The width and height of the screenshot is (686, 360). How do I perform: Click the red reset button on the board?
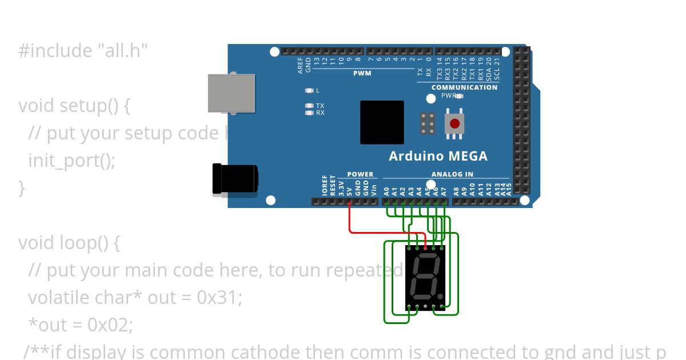click(454, 123)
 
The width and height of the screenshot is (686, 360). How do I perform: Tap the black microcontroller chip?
click(382, 122)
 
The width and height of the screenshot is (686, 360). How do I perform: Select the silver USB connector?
click(231, 93)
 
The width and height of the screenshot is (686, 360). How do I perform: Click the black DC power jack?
click(234, 179)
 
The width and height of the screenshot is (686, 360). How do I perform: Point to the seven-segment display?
click(425, 278)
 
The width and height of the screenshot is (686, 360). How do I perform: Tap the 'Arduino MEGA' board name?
click(438, 156)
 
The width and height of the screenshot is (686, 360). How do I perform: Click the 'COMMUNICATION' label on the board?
click(464, 87)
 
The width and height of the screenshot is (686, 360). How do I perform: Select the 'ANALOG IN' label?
click(452, 174)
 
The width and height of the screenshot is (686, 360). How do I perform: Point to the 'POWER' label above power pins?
click(360, 174)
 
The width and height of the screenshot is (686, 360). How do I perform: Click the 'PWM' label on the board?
click(362, 73)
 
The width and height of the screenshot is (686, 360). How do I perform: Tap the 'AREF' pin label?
click(301, 65)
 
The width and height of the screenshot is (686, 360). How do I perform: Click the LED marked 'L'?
click(309, 90)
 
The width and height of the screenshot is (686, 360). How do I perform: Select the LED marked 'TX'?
click(309, 106)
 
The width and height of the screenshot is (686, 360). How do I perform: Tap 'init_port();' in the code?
click(71, 161)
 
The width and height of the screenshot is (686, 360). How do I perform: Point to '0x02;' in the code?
click(110, 325)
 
